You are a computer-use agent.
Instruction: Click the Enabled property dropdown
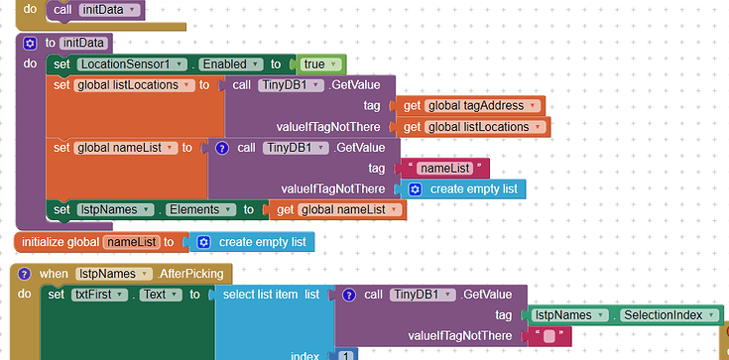[227, 64]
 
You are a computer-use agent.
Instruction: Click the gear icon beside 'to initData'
[30, 44]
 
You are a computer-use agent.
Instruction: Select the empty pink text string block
[548, 337]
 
